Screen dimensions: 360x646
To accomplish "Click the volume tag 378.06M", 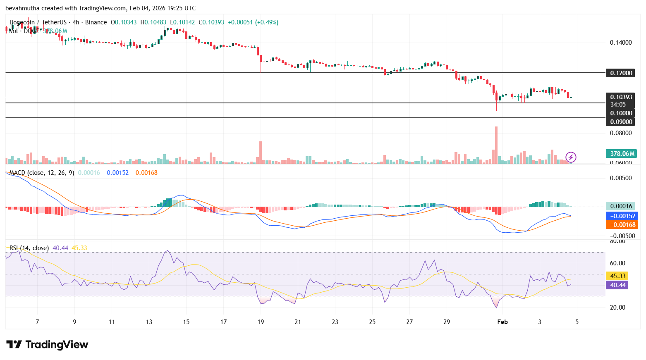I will pyautogui.click(x=621, y=154).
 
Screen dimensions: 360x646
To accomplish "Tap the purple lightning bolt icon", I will pyautogui.click(x=571, y=157).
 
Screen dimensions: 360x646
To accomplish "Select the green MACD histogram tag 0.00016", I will pyautogui.click(x=621, y=206).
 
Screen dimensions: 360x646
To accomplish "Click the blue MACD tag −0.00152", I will pyautogui.click(x=621, y=216).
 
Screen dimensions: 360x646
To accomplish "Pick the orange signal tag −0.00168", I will pyautogui.click(x=621, y=225).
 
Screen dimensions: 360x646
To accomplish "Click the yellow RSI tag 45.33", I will pyautogui.click(x=617, y=276).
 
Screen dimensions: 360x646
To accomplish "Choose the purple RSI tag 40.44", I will pyautogui.click(x=617, y=285).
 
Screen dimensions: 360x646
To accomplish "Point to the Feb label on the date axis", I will pyautogui.click(x=502, y=322).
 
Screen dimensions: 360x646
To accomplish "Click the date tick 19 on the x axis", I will pyautogui.click(x=261, y=322).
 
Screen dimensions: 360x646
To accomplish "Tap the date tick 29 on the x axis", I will pyautogui.click(x=447, y=322).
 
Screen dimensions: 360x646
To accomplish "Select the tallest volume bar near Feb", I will pyautogui.click(x=496, y=145).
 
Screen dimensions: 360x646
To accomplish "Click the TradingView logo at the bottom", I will pyautogui.click(x=47, y=345).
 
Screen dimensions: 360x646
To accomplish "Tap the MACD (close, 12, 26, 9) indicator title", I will pyautogui.click(x=42, y=173).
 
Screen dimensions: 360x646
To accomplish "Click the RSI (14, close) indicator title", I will pyautogui.click(x=29, y=248).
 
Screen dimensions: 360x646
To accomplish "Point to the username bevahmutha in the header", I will pyautogui.click(x=22, y=8).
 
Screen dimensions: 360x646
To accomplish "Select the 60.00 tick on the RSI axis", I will pyautogui.click(x=618, y=263).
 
